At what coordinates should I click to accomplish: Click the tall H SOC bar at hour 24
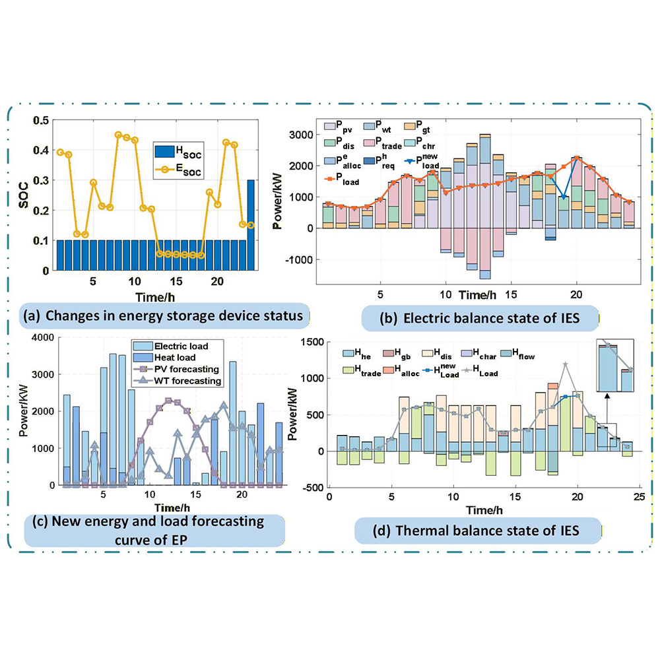tap(251, 224)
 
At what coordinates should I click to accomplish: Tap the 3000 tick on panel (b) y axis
tap(301, 135)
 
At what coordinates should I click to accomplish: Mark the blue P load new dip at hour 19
tap(564, 197)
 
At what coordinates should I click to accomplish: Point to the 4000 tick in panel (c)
tap(47, 339)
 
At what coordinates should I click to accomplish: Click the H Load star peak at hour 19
tap(566, 364)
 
